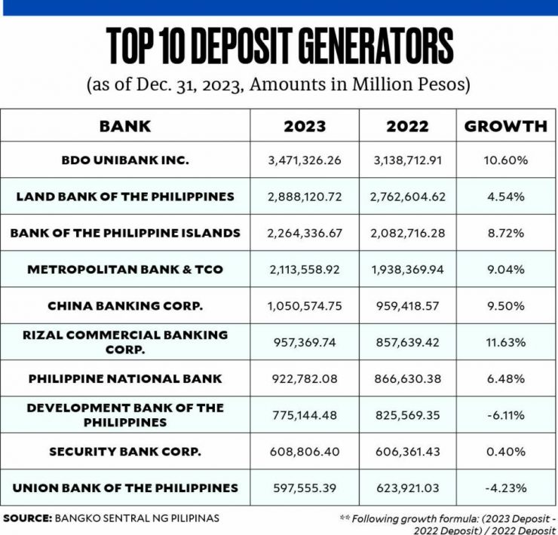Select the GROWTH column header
click(505, 126)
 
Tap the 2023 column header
click(305, 126)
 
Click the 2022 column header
click(407, 126)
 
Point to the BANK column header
click(125, 126)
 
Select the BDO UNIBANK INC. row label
click(125, 160)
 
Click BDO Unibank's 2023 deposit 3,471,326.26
click(305, 160)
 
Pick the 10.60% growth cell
click(506, 160)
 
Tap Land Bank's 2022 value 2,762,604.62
click(407, 197)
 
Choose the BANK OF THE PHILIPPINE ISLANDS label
click(125, 233)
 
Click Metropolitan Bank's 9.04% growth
click(506, 269)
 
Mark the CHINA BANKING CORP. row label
click(125, 306)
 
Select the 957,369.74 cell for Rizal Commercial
click(305, 342)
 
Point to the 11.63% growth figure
click(506, 342)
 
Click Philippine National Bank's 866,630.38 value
click(407, 378)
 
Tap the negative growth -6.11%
click(506, 414)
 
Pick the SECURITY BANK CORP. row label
click(125, 451)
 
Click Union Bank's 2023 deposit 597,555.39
click(305, 488)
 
